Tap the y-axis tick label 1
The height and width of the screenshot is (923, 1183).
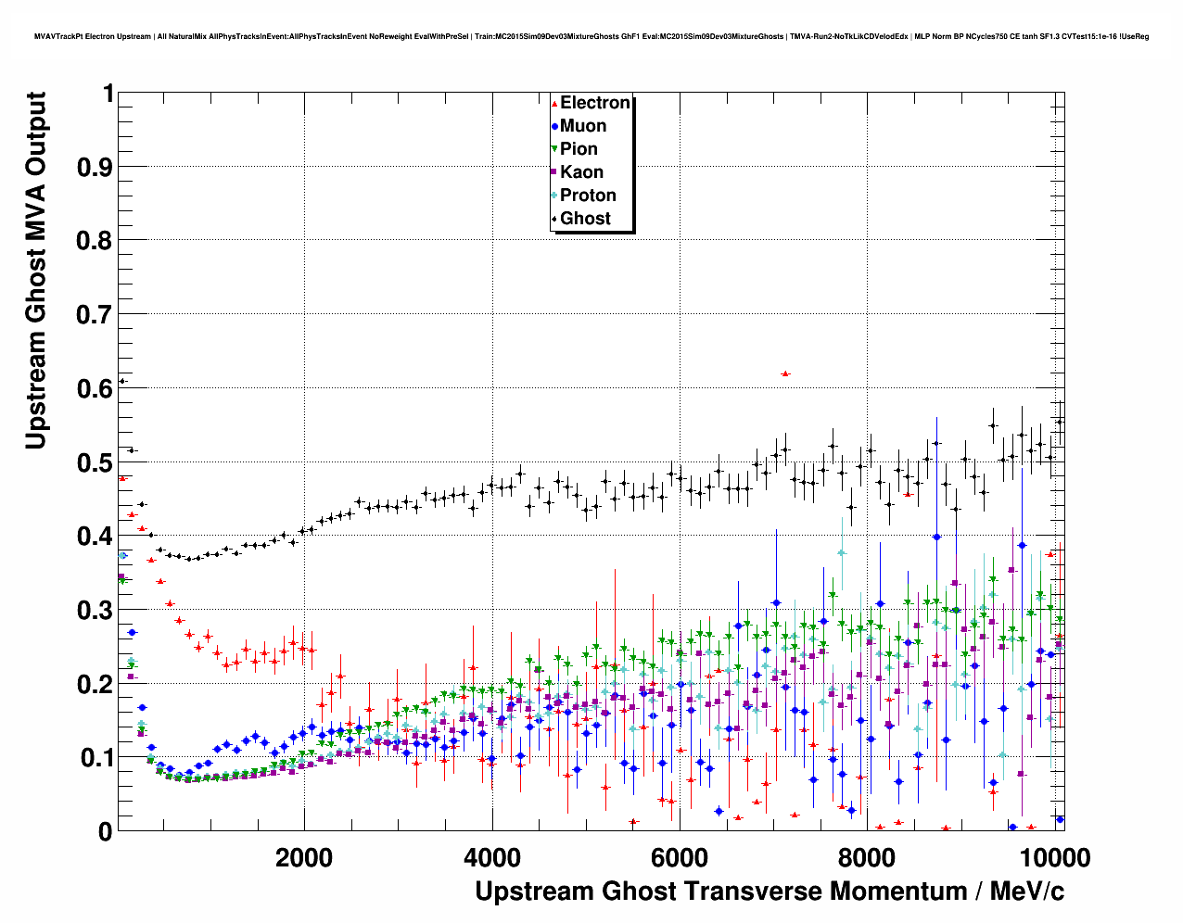108,94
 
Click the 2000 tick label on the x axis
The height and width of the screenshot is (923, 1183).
304,857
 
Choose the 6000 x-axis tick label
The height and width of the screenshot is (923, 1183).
679,857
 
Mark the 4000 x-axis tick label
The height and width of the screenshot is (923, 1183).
491,857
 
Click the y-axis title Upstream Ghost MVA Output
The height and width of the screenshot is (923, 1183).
35,271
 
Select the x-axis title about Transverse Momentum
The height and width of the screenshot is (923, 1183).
770,891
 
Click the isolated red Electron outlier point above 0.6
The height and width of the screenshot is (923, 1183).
785,373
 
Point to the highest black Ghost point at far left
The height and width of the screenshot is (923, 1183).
121,381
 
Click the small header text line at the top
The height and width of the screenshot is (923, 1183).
591,37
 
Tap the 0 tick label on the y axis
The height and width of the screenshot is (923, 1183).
105,831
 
